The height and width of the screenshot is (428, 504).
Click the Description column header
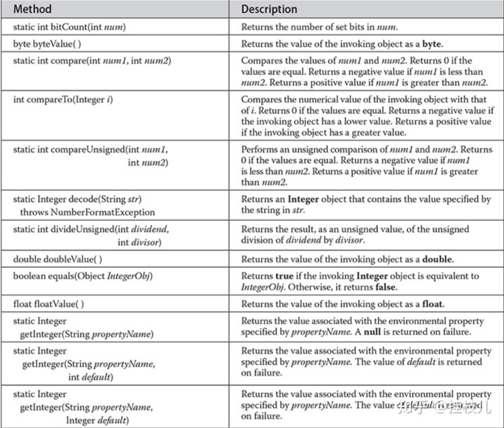point(269,10)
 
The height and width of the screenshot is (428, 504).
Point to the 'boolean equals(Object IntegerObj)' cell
point(83,276)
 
